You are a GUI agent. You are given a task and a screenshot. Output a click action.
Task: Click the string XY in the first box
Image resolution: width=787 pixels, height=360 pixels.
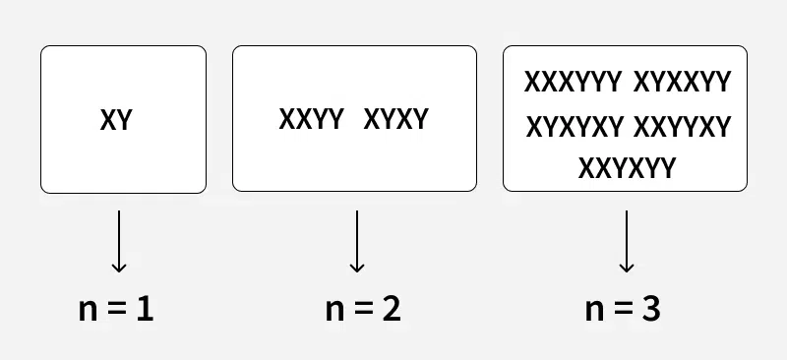(x=116, y=121)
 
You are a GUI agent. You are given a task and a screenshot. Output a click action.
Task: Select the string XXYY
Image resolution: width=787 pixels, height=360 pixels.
(x=311, y=120)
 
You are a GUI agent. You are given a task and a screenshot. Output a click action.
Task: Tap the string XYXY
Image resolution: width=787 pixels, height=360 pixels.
(x=396, y=120)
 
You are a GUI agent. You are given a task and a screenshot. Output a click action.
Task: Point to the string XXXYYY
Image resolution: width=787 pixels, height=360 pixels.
(x=574, y=82)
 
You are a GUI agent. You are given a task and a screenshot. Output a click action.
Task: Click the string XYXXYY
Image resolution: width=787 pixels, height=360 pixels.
(x=683, y=82)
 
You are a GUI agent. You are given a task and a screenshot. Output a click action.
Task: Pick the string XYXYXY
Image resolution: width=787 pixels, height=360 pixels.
(x=575, y=127)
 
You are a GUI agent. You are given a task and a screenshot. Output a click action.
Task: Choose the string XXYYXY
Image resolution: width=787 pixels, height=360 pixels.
(x=683, y=127)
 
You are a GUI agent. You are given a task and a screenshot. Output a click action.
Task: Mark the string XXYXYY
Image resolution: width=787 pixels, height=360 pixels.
(x=628, y=168)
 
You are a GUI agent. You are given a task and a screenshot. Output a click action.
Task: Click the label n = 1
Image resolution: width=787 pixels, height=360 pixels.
(x=117, y=310)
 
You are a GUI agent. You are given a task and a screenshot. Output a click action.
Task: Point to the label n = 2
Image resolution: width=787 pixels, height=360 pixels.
(x=363, y=310)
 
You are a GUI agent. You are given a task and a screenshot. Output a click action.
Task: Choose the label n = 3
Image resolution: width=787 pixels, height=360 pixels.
(x=623, y=310)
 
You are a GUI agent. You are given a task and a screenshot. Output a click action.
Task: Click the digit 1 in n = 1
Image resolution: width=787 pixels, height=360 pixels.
(x=146, y=310)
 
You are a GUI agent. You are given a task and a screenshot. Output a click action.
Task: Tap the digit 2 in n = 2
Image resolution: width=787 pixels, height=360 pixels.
(x=391, y=310)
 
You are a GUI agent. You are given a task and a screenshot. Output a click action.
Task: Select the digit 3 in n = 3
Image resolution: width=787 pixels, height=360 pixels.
(x=650, y=310)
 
